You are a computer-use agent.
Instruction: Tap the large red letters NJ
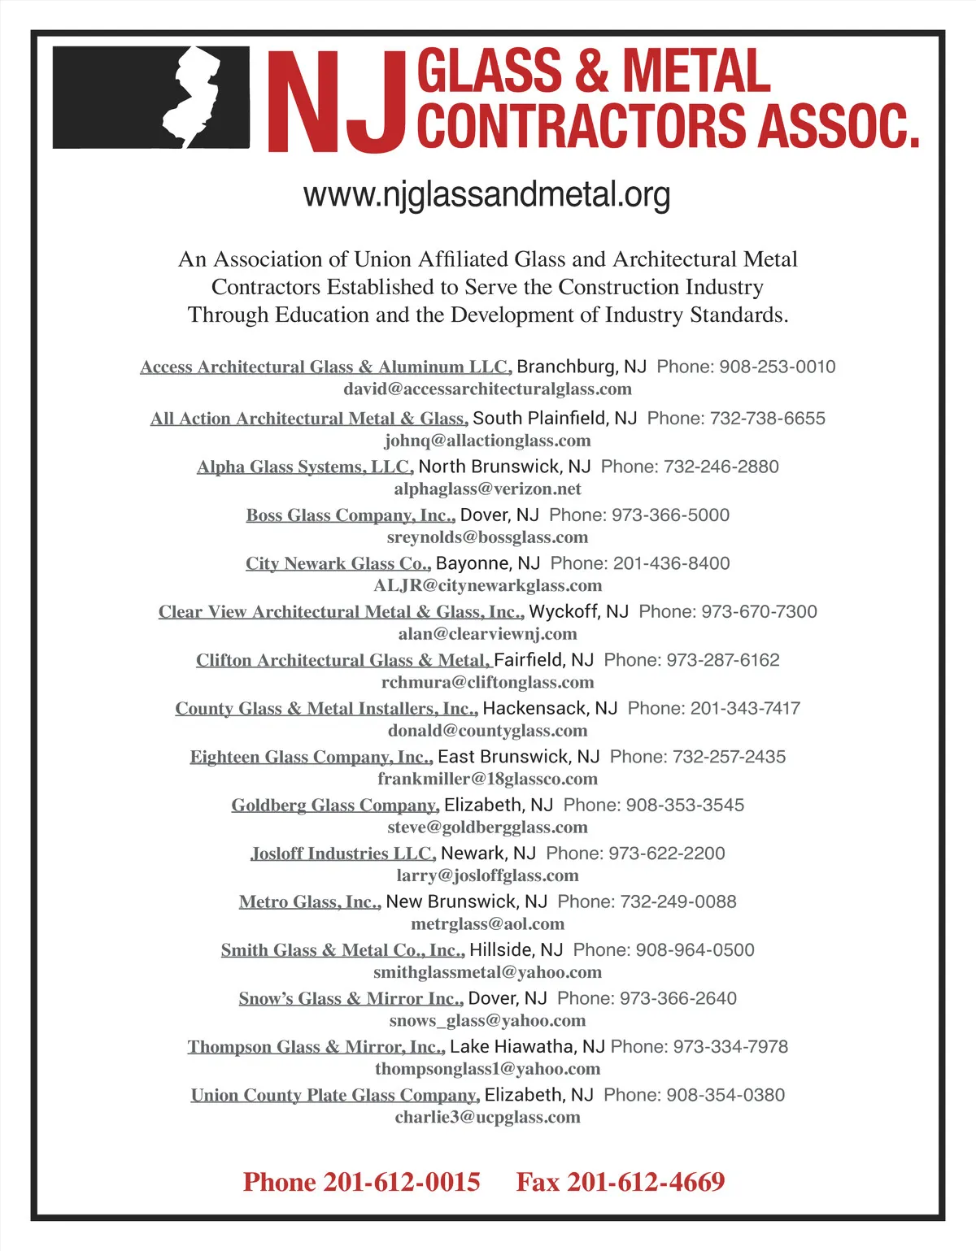[336, 102]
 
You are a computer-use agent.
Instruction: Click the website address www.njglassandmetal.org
[486, 195]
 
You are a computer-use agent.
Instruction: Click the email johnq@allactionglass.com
[487, 441]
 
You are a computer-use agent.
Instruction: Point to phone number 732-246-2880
[721, 467]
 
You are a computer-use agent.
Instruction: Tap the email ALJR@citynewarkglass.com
[487, 585]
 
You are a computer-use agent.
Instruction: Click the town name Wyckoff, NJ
[578, 611]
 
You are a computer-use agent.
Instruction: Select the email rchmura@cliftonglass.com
[487, 682]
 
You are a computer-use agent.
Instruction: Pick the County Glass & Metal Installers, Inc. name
[326, 709]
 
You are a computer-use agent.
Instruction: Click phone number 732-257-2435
[730, 757]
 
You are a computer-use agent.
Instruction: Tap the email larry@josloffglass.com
[487, 875]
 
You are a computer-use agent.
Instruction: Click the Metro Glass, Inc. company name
[310, 902]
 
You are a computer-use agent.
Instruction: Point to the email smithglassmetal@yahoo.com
[487, 972]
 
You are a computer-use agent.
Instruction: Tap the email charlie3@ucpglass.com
[487, 1117]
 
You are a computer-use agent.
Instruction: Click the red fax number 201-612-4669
[646, 1182]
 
